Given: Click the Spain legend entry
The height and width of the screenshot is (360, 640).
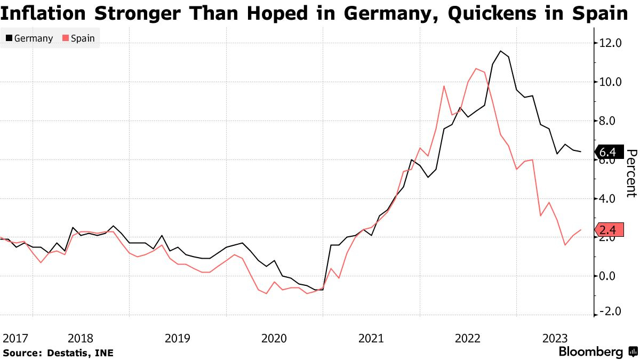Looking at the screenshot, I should [x=78, y=38].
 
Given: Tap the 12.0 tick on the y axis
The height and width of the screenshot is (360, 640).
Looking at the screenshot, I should [x=611, y=43].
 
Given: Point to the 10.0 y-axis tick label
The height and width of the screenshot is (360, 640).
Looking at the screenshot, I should [x=611, y=82].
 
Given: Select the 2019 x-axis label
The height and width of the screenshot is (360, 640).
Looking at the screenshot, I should [x=177, y=338].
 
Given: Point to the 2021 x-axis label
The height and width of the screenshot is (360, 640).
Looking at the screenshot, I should [x=371, y=338].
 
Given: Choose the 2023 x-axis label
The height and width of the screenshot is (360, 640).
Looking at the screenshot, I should [x=555, y=338].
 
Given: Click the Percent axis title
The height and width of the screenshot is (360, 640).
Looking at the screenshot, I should [x=631, y=173].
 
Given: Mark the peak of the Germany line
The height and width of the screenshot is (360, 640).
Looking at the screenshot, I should [x=500, y=51].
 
